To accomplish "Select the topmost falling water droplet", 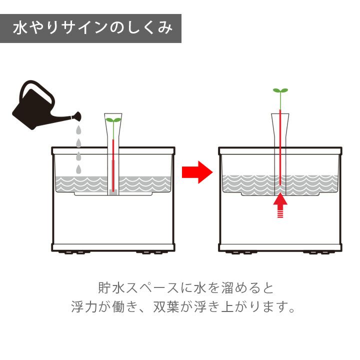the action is click(78, 130).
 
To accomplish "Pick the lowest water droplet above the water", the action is click(78, 169).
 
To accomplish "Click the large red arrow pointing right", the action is click(197, 172).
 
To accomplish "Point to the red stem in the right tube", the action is click(280, 147).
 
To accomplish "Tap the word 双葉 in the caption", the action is click(166, 306).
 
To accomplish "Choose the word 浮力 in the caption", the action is click(84, 306).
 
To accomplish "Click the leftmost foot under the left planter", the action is click(68, 252).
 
